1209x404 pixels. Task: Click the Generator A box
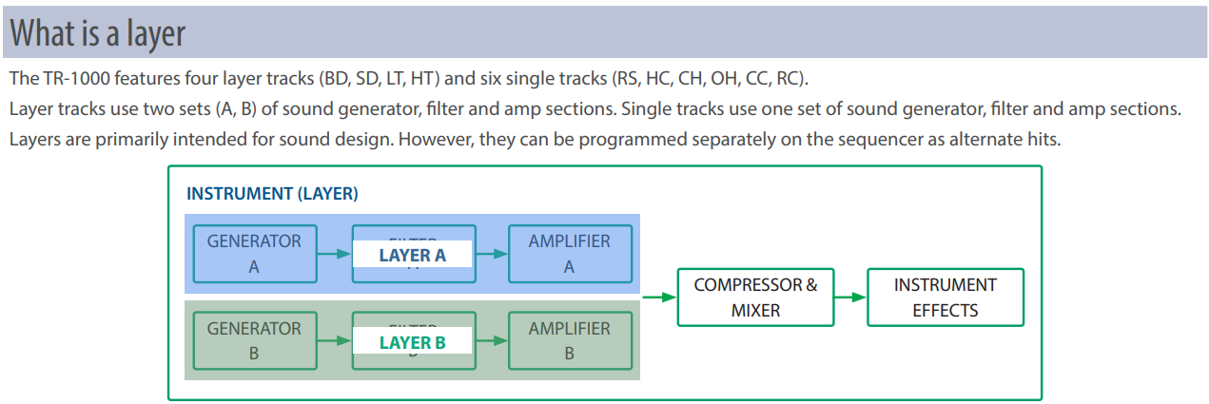tap(254, 254)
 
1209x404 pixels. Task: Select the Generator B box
tap(254, 340)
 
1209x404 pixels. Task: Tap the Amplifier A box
tap(569, 254)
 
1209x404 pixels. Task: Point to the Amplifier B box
tap(569, 340)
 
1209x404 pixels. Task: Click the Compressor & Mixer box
tap(755, 297)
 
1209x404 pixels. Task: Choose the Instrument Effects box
tap(946, 297)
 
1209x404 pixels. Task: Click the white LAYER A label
tap(412, 255)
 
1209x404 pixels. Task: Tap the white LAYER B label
tap(412, 342)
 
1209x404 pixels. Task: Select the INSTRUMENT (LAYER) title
tap(272, 194)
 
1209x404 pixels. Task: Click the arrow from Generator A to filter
tap(333, 254)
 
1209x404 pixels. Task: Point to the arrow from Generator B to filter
tap(333, 340)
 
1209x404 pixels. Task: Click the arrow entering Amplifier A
tap(491, 254)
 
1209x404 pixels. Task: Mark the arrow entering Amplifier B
tap(491, 340)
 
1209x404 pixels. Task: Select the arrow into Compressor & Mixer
tap(658, 297)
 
